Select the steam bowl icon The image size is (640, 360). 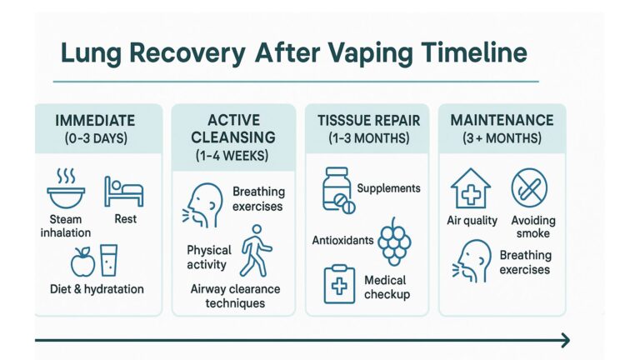66,189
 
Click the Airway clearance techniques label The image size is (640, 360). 235,296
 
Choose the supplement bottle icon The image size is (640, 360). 337,192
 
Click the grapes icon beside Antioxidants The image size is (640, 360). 395,242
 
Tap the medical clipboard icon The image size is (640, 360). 338,283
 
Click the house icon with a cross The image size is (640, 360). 470,188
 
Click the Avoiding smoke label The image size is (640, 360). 530,227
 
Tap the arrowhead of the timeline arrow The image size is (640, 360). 565,340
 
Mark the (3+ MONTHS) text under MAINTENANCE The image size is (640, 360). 502,138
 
